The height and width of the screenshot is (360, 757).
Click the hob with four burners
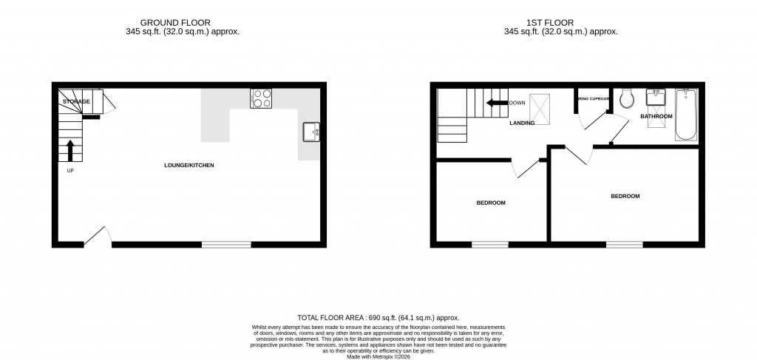[x=261, y=98]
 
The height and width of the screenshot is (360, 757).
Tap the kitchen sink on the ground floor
[x=310, y=132]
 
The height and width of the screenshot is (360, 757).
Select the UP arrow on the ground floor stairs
[x=70, y=150]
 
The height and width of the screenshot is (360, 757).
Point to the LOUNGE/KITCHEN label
[x=189, y=166]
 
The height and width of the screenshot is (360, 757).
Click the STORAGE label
[x=76, y=101]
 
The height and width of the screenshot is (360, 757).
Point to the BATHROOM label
[x=656, y=117]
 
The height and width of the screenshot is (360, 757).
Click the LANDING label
[x=522, y=123]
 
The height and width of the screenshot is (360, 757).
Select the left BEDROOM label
[x=491, y=203]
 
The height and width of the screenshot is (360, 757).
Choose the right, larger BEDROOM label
[x=625, y=196]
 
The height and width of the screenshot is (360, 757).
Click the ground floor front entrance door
[x=97, y=237]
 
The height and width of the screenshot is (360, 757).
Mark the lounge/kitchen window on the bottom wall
[x=226, y=245]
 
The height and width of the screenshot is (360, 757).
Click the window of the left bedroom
[x=490, y=245]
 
